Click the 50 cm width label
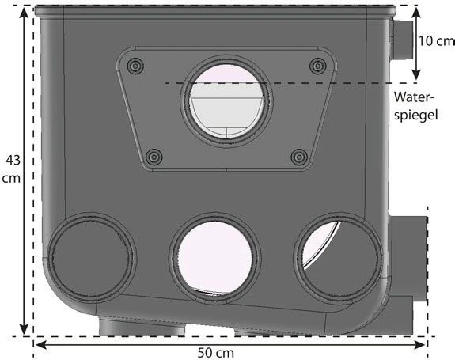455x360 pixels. [x=216, y=353]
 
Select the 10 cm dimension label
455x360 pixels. [x=437, y=41]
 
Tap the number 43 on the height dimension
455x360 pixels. [x=13, y=160]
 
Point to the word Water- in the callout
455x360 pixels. [x=415, y=97]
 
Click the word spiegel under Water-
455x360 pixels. [x=415, y=116]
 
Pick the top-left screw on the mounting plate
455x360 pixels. [x=135, y=66]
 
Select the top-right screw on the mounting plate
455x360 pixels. [x=318, y=66]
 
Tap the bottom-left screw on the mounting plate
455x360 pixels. [x=154, y=157]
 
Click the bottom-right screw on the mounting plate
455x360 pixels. [x=299, y=157]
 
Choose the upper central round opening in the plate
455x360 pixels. [x=226, y=100]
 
